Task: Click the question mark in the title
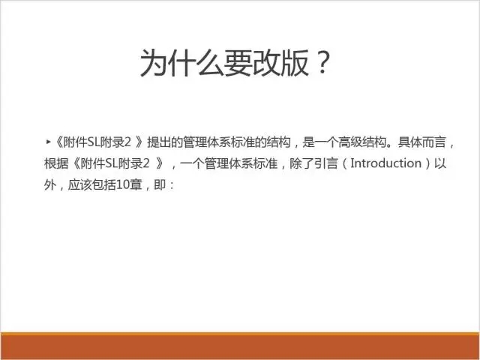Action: (x=323, y=62)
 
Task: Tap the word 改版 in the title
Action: (x=280, y=63)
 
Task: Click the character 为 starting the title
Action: (x=153, y=63)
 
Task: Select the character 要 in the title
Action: (x=238, y=63)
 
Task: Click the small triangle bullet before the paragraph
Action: (x=48, y=142)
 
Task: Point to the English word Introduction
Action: (x=385, y=163)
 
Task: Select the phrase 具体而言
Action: (x=421, y=142)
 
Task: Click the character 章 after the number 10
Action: (x=136, y=185)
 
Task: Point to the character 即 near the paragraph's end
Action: (x=160, y=185)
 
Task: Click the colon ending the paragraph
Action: (x=171, y=185)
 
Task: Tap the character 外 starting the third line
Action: (x=50, y=185)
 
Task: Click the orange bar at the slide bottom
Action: (x=240, y=346)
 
